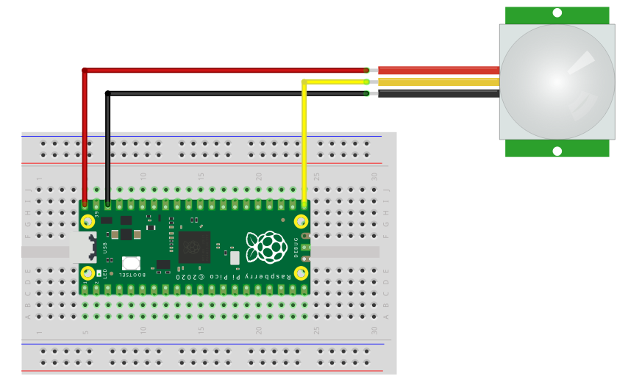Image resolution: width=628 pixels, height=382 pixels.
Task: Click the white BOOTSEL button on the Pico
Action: click(132, 263)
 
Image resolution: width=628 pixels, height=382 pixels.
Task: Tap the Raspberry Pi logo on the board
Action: click(266, 247)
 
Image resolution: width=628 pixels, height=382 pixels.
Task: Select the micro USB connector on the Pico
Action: click(83, 248)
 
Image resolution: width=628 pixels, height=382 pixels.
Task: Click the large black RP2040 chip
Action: click(194, 248)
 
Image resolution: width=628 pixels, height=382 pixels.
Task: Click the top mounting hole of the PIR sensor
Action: click(557, 12)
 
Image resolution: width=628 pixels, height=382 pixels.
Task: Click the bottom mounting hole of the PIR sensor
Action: click(557, 151)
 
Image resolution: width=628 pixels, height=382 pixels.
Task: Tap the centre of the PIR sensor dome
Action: click(557, 82)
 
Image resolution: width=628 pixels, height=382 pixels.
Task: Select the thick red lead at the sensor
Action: click(438, 71)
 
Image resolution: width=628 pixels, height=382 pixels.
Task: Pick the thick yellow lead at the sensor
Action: click(438, 82)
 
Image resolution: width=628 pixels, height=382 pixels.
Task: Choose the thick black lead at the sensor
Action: click(438, 93)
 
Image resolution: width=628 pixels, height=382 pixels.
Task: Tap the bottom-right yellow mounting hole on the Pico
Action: click(301, 273)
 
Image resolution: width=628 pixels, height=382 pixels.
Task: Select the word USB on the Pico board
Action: click(106, 248)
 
